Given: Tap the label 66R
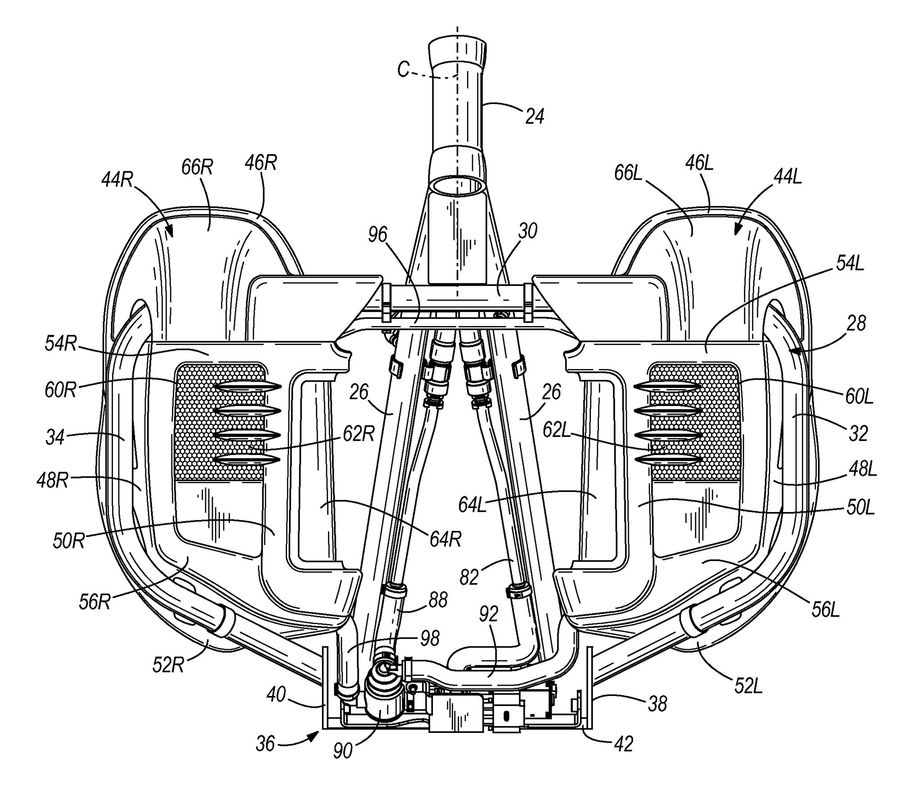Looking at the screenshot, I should (197, 168).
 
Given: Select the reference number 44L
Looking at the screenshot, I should (787, 178).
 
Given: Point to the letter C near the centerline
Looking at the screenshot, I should (403, 70).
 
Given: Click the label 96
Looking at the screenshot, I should (377, 234).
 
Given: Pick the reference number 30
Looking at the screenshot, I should (528, 231).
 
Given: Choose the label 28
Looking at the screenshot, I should (855, 323).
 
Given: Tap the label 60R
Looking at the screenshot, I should (61, 390).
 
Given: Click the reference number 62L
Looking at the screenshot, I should (558, 430).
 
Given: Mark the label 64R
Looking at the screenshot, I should (445, 539).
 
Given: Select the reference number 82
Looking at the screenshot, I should (469, 577).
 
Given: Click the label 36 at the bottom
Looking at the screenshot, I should (265, 744).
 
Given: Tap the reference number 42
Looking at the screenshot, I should (623, 743).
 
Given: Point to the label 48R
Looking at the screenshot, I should (52, 480).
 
